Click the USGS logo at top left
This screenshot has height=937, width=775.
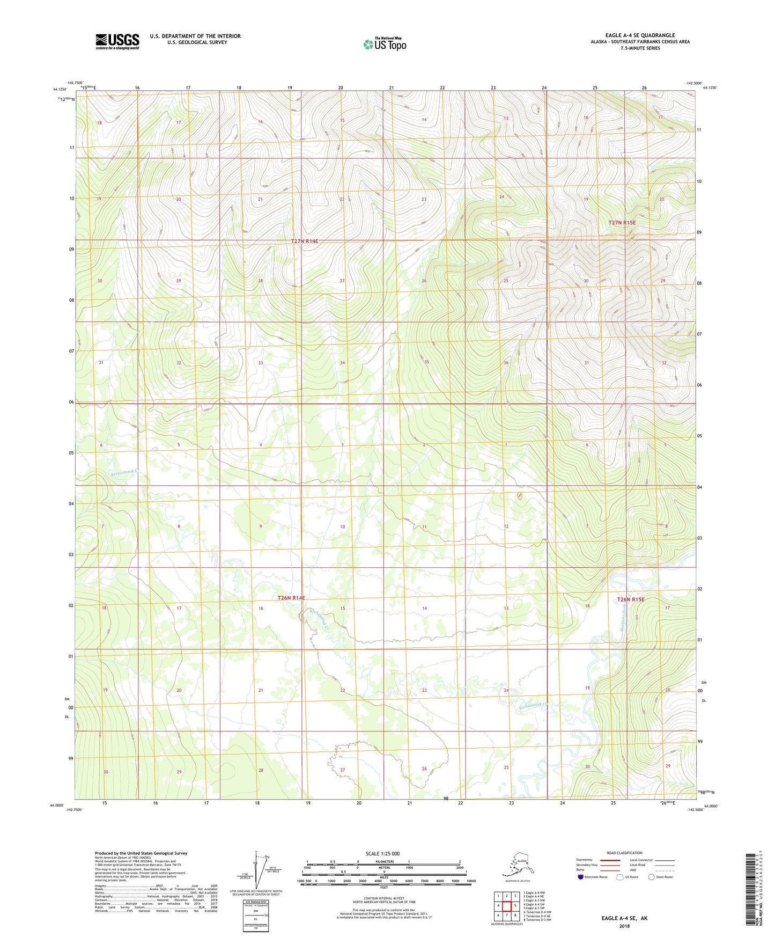tap(117, 41)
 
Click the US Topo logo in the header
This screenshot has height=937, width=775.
tap(384, 43)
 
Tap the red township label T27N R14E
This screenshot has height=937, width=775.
tap(305, 241)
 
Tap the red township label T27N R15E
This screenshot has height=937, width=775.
tap(622, 223)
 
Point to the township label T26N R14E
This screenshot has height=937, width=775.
tap(291, 598)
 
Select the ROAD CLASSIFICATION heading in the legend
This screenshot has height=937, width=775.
tap(624, 853)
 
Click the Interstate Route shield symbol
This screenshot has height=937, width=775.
tap(581, 877)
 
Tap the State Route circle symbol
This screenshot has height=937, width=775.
tap(652, 877)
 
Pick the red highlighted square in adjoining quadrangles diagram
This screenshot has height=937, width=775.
tap(506, 906)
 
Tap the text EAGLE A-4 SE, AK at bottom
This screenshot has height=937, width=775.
tap(624, 918)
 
